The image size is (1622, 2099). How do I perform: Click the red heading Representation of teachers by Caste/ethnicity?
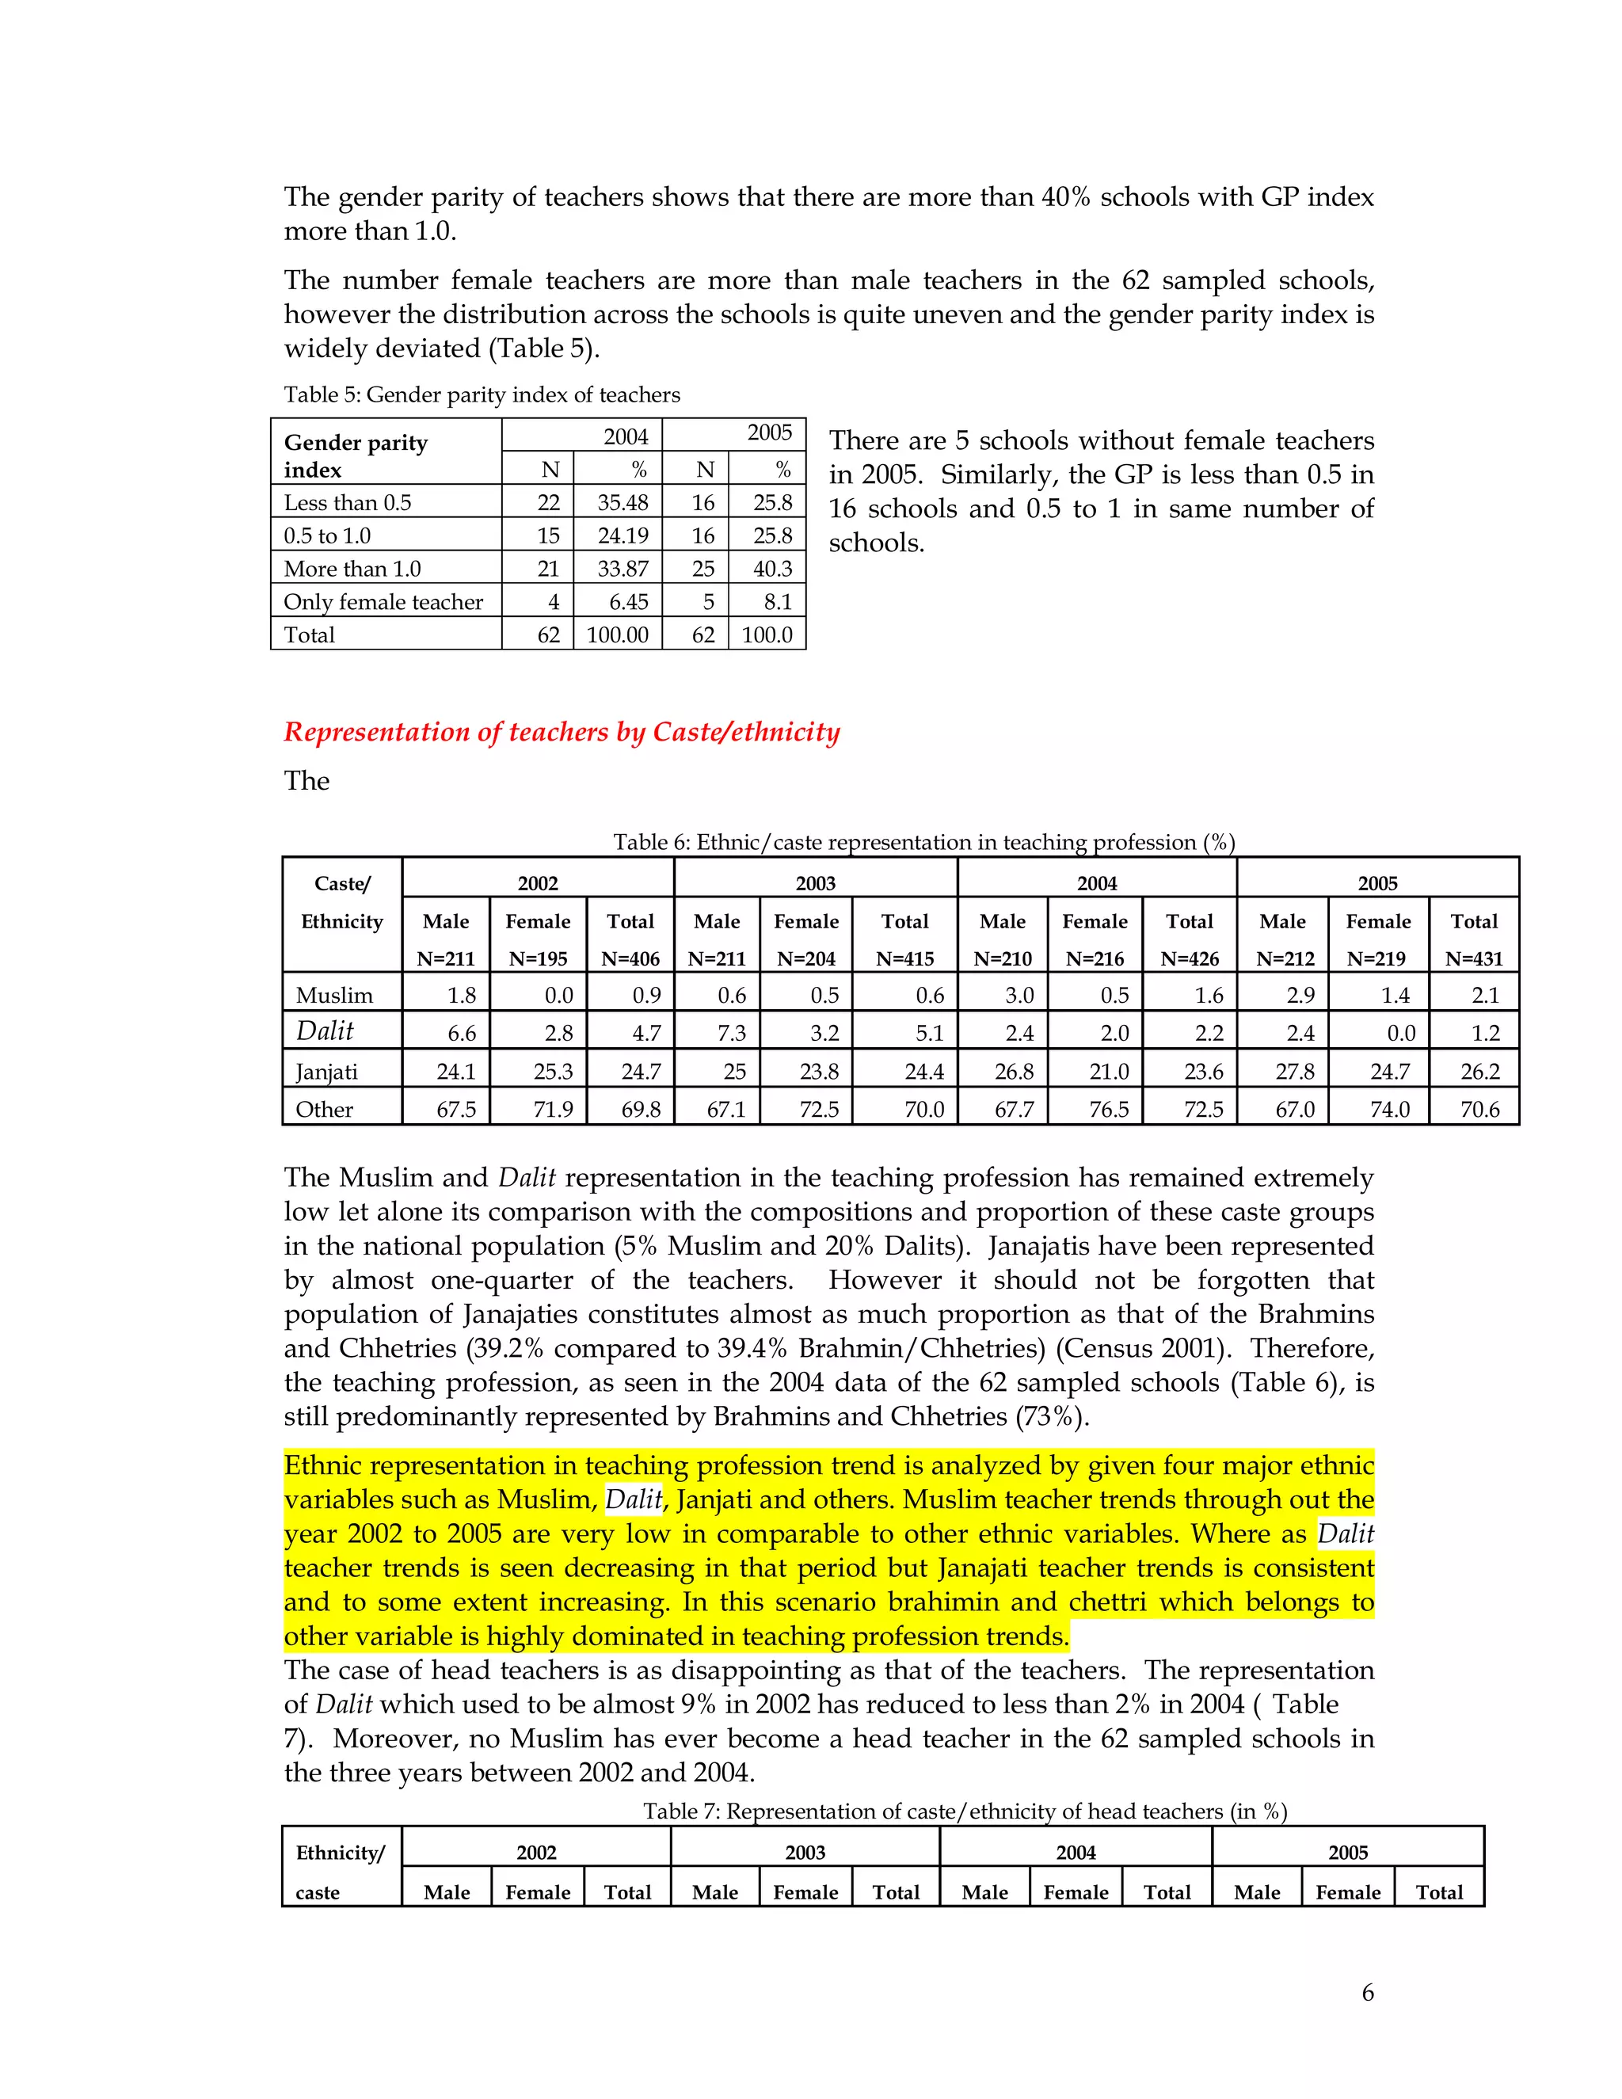562,733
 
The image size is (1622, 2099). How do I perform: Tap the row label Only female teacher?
383,602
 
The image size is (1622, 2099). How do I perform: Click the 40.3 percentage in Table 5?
772,569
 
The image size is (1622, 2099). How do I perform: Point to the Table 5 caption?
482,395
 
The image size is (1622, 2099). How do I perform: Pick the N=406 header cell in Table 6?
630,958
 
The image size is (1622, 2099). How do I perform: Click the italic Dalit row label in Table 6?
325,1031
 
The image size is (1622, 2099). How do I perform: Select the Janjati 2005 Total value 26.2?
1479,1072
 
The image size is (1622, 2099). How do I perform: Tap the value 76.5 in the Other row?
1109,1109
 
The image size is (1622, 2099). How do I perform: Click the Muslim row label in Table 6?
334,996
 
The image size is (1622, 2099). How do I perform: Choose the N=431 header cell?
1474,958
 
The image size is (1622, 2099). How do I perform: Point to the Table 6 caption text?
923,843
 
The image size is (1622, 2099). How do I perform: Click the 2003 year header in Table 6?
815,883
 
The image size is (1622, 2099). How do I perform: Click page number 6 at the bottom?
1367,1994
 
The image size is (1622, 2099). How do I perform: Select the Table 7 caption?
965,1811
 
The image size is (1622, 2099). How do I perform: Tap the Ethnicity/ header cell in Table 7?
340,1853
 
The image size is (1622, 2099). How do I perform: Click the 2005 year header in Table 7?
1347,1853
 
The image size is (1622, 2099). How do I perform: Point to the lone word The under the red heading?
307,781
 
